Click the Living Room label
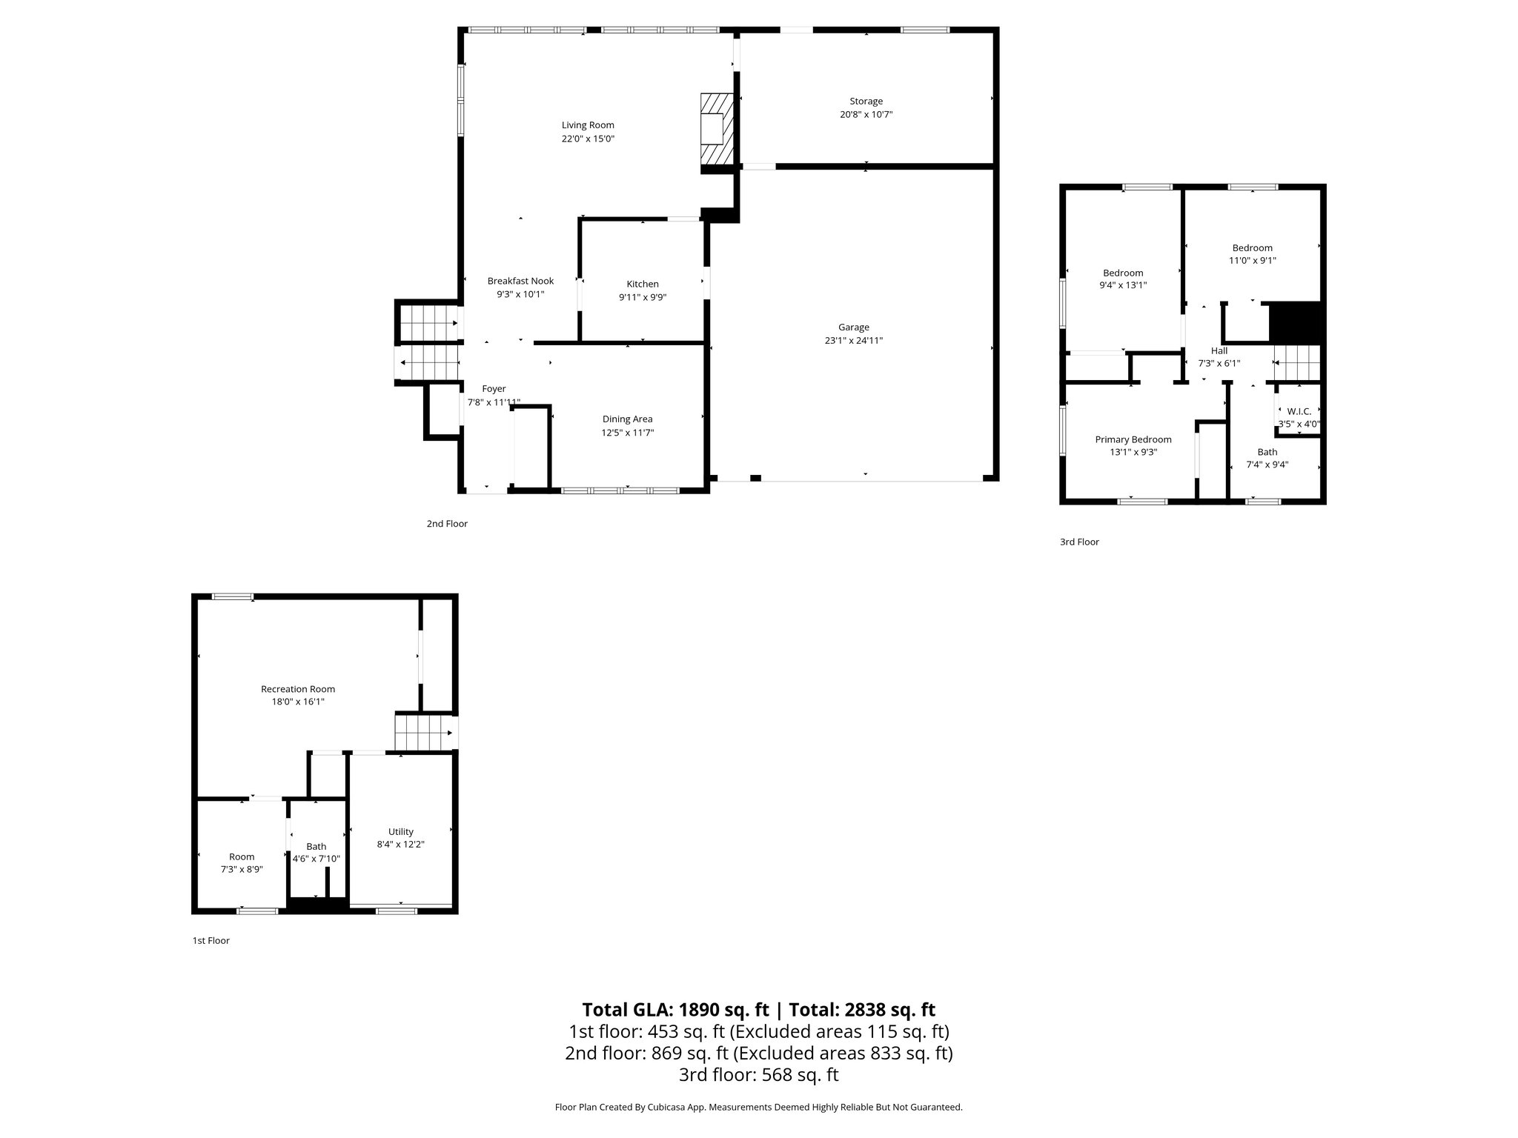click(x=588, y=125)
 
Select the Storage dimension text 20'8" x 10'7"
click(x=866, y=115)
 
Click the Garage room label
click(x=853, y=327)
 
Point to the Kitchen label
click(x=642, y=284)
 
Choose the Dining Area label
click(x=627, y=419)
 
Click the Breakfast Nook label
click(x=520, y=281)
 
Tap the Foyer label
click(x=494, y=389)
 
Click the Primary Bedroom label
click(x=1133, y=439)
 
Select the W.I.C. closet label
click(x=1299, y=411)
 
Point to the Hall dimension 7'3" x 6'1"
click(x=1219, y=364)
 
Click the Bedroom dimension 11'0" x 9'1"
click(x=1252, y=261)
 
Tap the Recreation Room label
click(x=298, y=689)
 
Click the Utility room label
click(x=400, y=831)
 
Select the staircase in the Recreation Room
click(x=424, y=732)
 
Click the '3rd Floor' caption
click(x=1078, y=542)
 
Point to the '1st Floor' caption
click(x=211, y=941)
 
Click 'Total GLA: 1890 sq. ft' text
click(x=675, y=1010)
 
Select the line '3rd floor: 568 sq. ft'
click(x=758, y=1074)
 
